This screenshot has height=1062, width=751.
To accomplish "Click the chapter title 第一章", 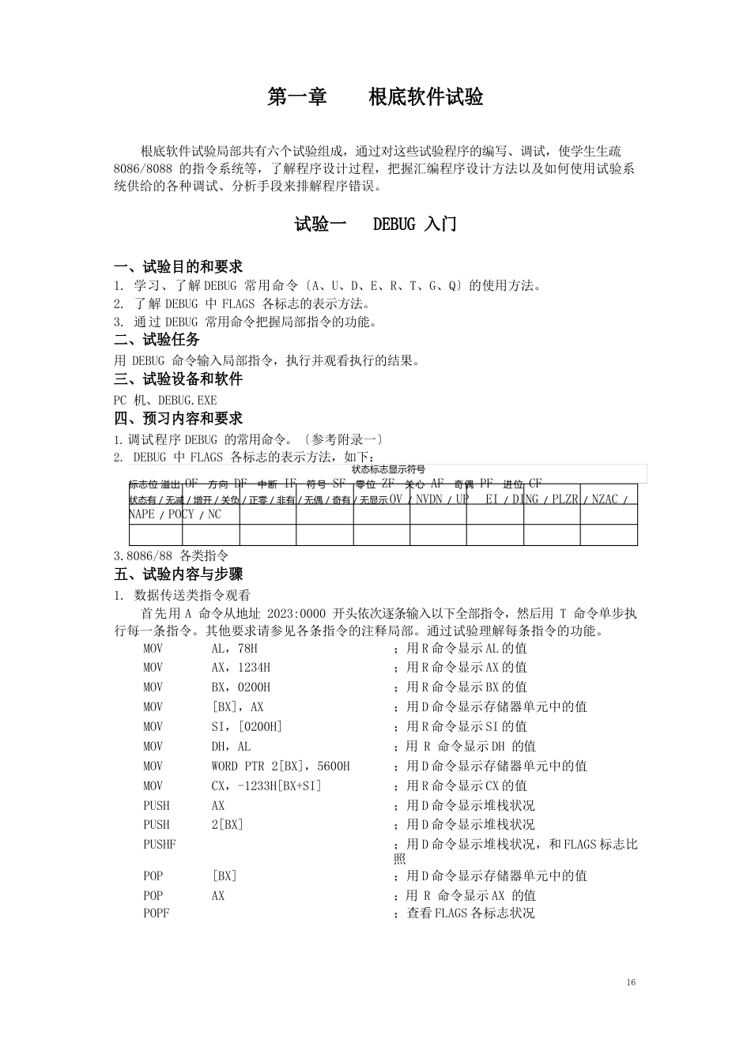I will (297, 97).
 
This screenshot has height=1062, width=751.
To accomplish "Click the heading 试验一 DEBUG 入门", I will (375, 224).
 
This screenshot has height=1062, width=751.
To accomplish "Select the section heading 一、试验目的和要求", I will (178, 267).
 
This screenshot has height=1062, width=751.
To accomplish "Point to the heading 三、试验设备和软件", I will (178, 379).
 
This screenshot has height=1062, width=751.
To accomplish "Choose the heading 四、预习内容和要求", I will (178, 419).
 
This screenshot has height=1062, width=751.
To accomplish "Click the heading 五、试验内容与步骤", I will (178, 574).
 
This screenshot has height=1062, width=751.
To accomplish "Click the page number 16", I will (630, 982).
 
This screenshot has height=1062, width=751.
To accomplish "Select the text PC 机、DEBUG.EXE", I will (165, 401).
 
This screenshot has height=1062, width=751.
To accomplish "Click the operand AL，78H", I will (235, 648).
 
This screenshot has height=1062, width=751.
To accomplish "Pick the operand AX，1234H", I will (240, 668).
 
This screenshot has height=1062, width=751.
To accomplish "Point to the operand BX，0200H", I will (240, 687).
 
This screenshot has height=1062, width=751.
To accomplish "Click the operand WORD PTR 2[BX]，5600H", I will (280, 766).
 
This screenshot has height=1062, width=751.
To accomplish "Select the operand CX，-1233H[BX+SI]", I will (266, 786).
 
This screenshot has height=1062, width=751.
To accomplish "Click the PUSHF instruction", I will (159, 845).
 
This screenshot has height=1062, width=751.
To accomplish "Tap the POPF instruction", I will (156, 913).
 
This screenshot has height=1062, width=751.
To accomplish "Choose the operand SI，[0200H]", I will (247, 727).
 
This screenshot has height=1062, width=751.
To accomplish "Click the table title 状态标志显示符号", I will (388, 469).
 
